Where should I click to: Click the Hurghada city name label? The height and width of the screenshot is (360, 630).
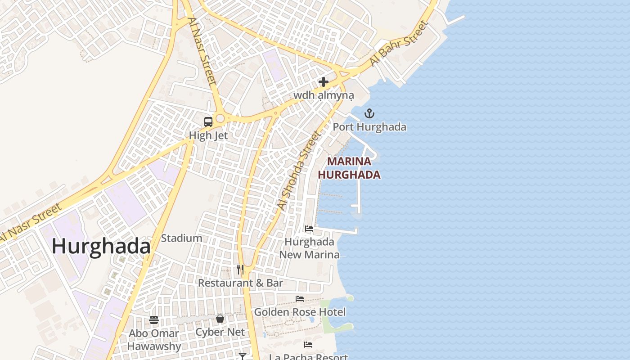[101, 247]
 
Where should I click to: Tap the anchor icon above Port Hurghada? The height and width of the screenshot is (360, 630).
[369, 113]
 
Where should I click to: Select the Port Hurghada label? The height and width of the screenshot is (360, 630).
[369, 127]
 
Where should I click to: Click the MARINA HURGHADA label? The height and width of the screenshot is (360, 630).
[350, 168]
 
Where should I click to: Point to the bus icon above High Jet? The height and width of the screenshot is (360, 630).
[208, 121]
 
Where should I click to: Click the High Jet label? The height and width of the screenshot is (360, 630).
[208, 135]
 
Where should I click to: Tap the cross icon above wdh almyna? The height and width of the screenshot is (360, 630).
[324, 82]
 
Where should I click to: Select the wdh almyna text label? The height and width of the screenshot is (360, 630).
[324, 95]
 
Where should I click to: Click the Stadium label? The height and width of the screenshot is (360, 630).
[181, 238]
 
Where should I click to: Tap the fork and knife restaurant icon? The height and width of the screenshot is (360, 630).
[240, 269]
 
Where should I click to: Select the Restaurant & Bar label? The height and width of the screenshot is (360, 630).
[241, 283]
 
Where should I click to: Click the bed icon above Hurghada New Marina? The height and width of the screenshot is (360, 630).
[309, 229]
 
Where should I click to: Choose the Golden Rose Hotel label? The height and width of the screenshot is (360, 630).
[300, 312]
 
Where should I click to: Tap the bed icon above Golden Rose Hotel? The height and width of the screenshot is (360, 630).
[300, 299]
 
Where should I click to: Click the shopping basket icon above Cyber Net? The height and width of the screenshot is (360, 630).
[220, 319]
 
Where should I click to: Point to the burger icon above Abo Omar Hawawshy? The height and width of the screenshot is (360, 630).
[154, 320]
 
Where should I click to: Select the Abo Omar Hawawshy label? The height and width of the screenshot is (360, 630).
[154, 340]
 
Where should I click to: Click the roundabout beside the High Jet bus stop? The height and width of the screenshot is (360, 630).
[220, 119]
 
